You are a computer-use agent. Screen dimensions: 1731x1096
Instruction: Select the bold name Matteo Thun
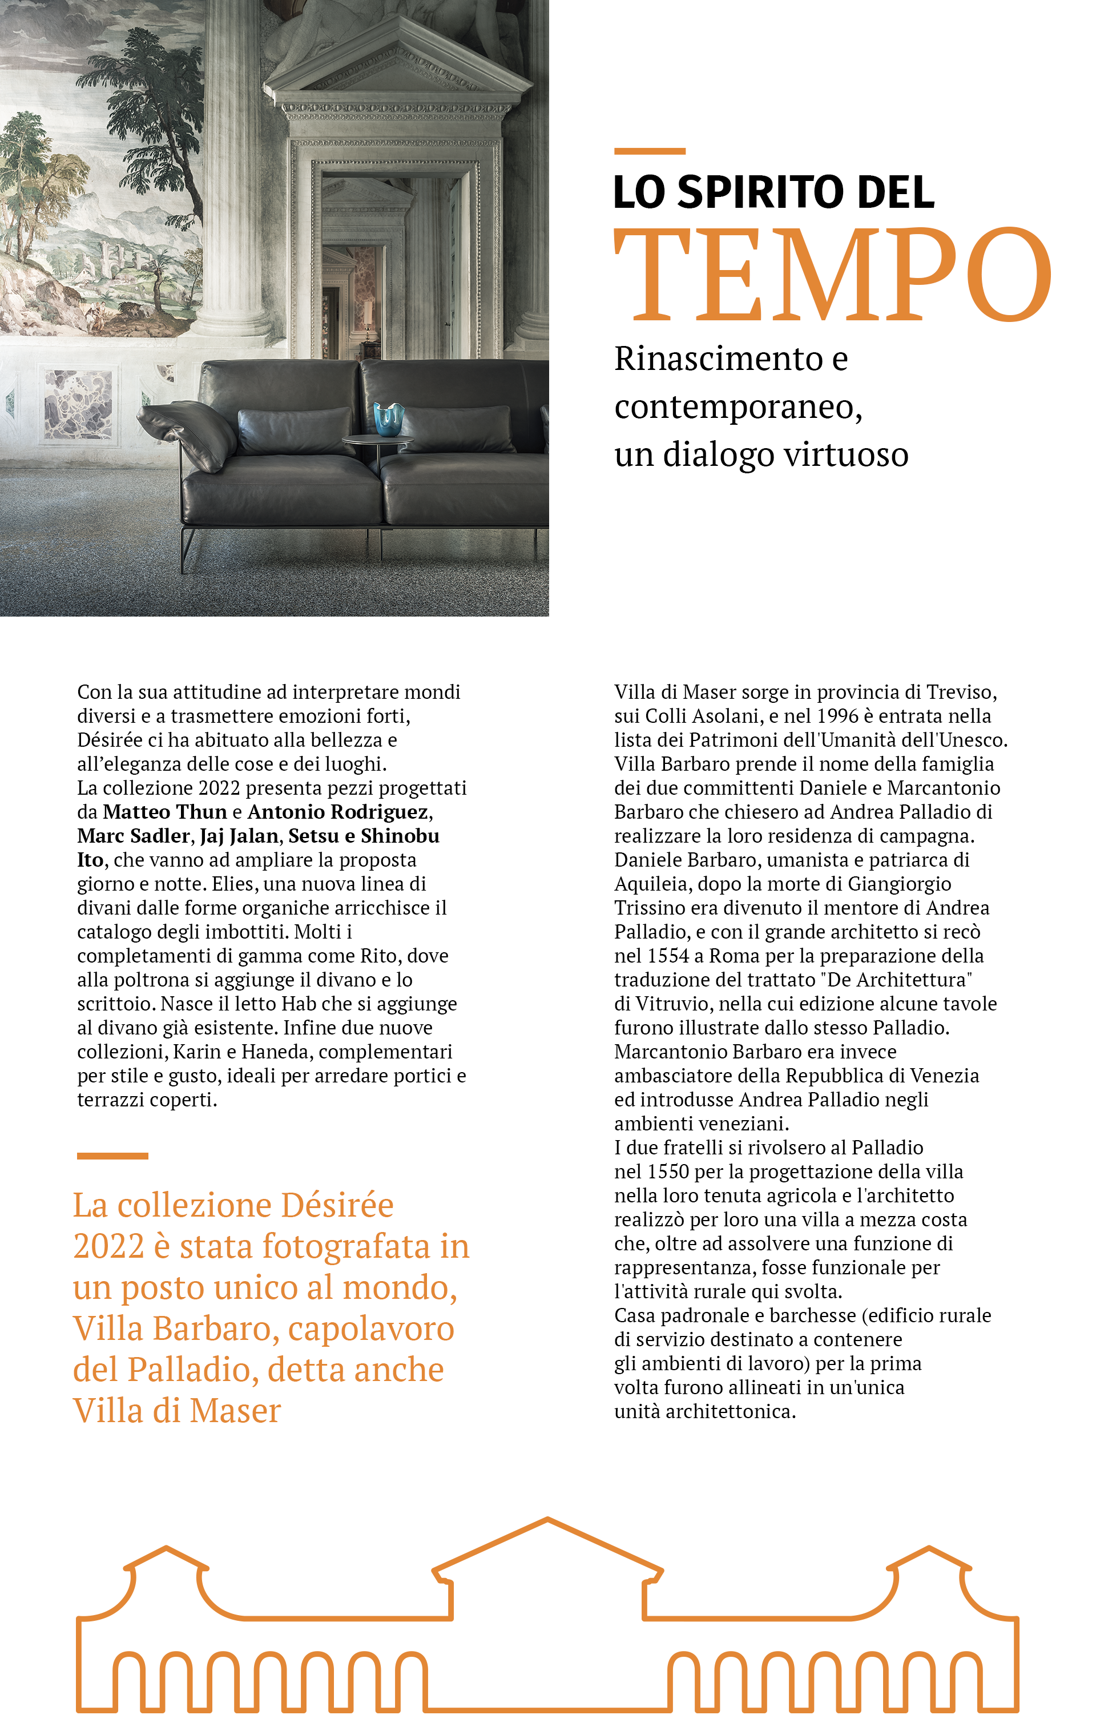(x=164, y=812)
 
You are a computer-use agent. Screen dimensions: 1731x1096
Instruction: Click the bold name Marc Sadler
(x=134, y=835)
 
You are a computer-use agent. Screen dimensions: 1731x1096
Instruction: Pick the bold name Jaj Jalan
(x=239, y=835)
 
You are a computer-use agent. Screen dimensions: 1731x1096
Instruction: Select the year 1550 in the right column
(x=668, y=1171)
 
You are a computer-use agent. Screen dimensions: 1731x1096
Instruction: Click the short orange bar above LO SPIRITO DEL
(x=649, y=151)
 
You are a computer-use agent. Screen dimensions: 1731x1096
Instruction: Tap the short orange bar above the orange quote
(x=112, y=1156)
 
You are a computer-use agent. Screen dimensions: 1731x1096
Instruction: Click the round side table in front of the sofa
(x=378, y=440)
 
